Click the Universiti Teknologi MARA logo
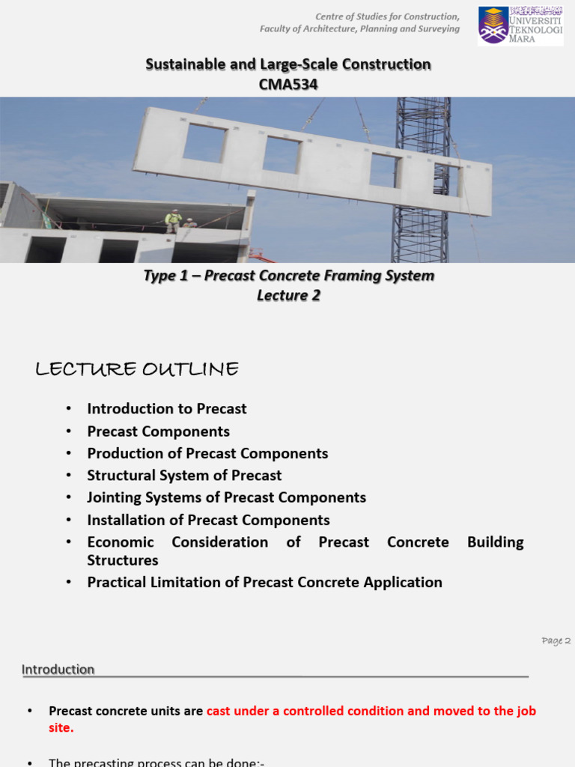coord(520,25)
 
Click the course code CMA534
coord(288,85)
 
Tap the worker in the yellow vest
coord(173,221)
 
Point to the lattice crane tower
coord(422,180)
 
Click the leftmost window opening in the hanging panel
coord(204,142)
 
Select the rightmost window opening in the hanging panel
coord(446,181)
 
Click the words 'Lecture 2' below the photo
coord(288,295)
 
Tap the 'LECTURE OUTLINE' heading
coord(137,369)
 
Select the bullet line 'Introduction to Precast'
coord(166,409)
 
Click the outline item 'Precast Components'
coord(158,431)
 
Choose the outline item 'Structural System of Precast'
coord(184,476)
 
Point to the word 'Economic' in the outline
coord(121,542)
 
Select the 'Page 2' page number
coord(556,641)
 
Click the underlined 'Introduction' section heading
coord(58,670)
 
